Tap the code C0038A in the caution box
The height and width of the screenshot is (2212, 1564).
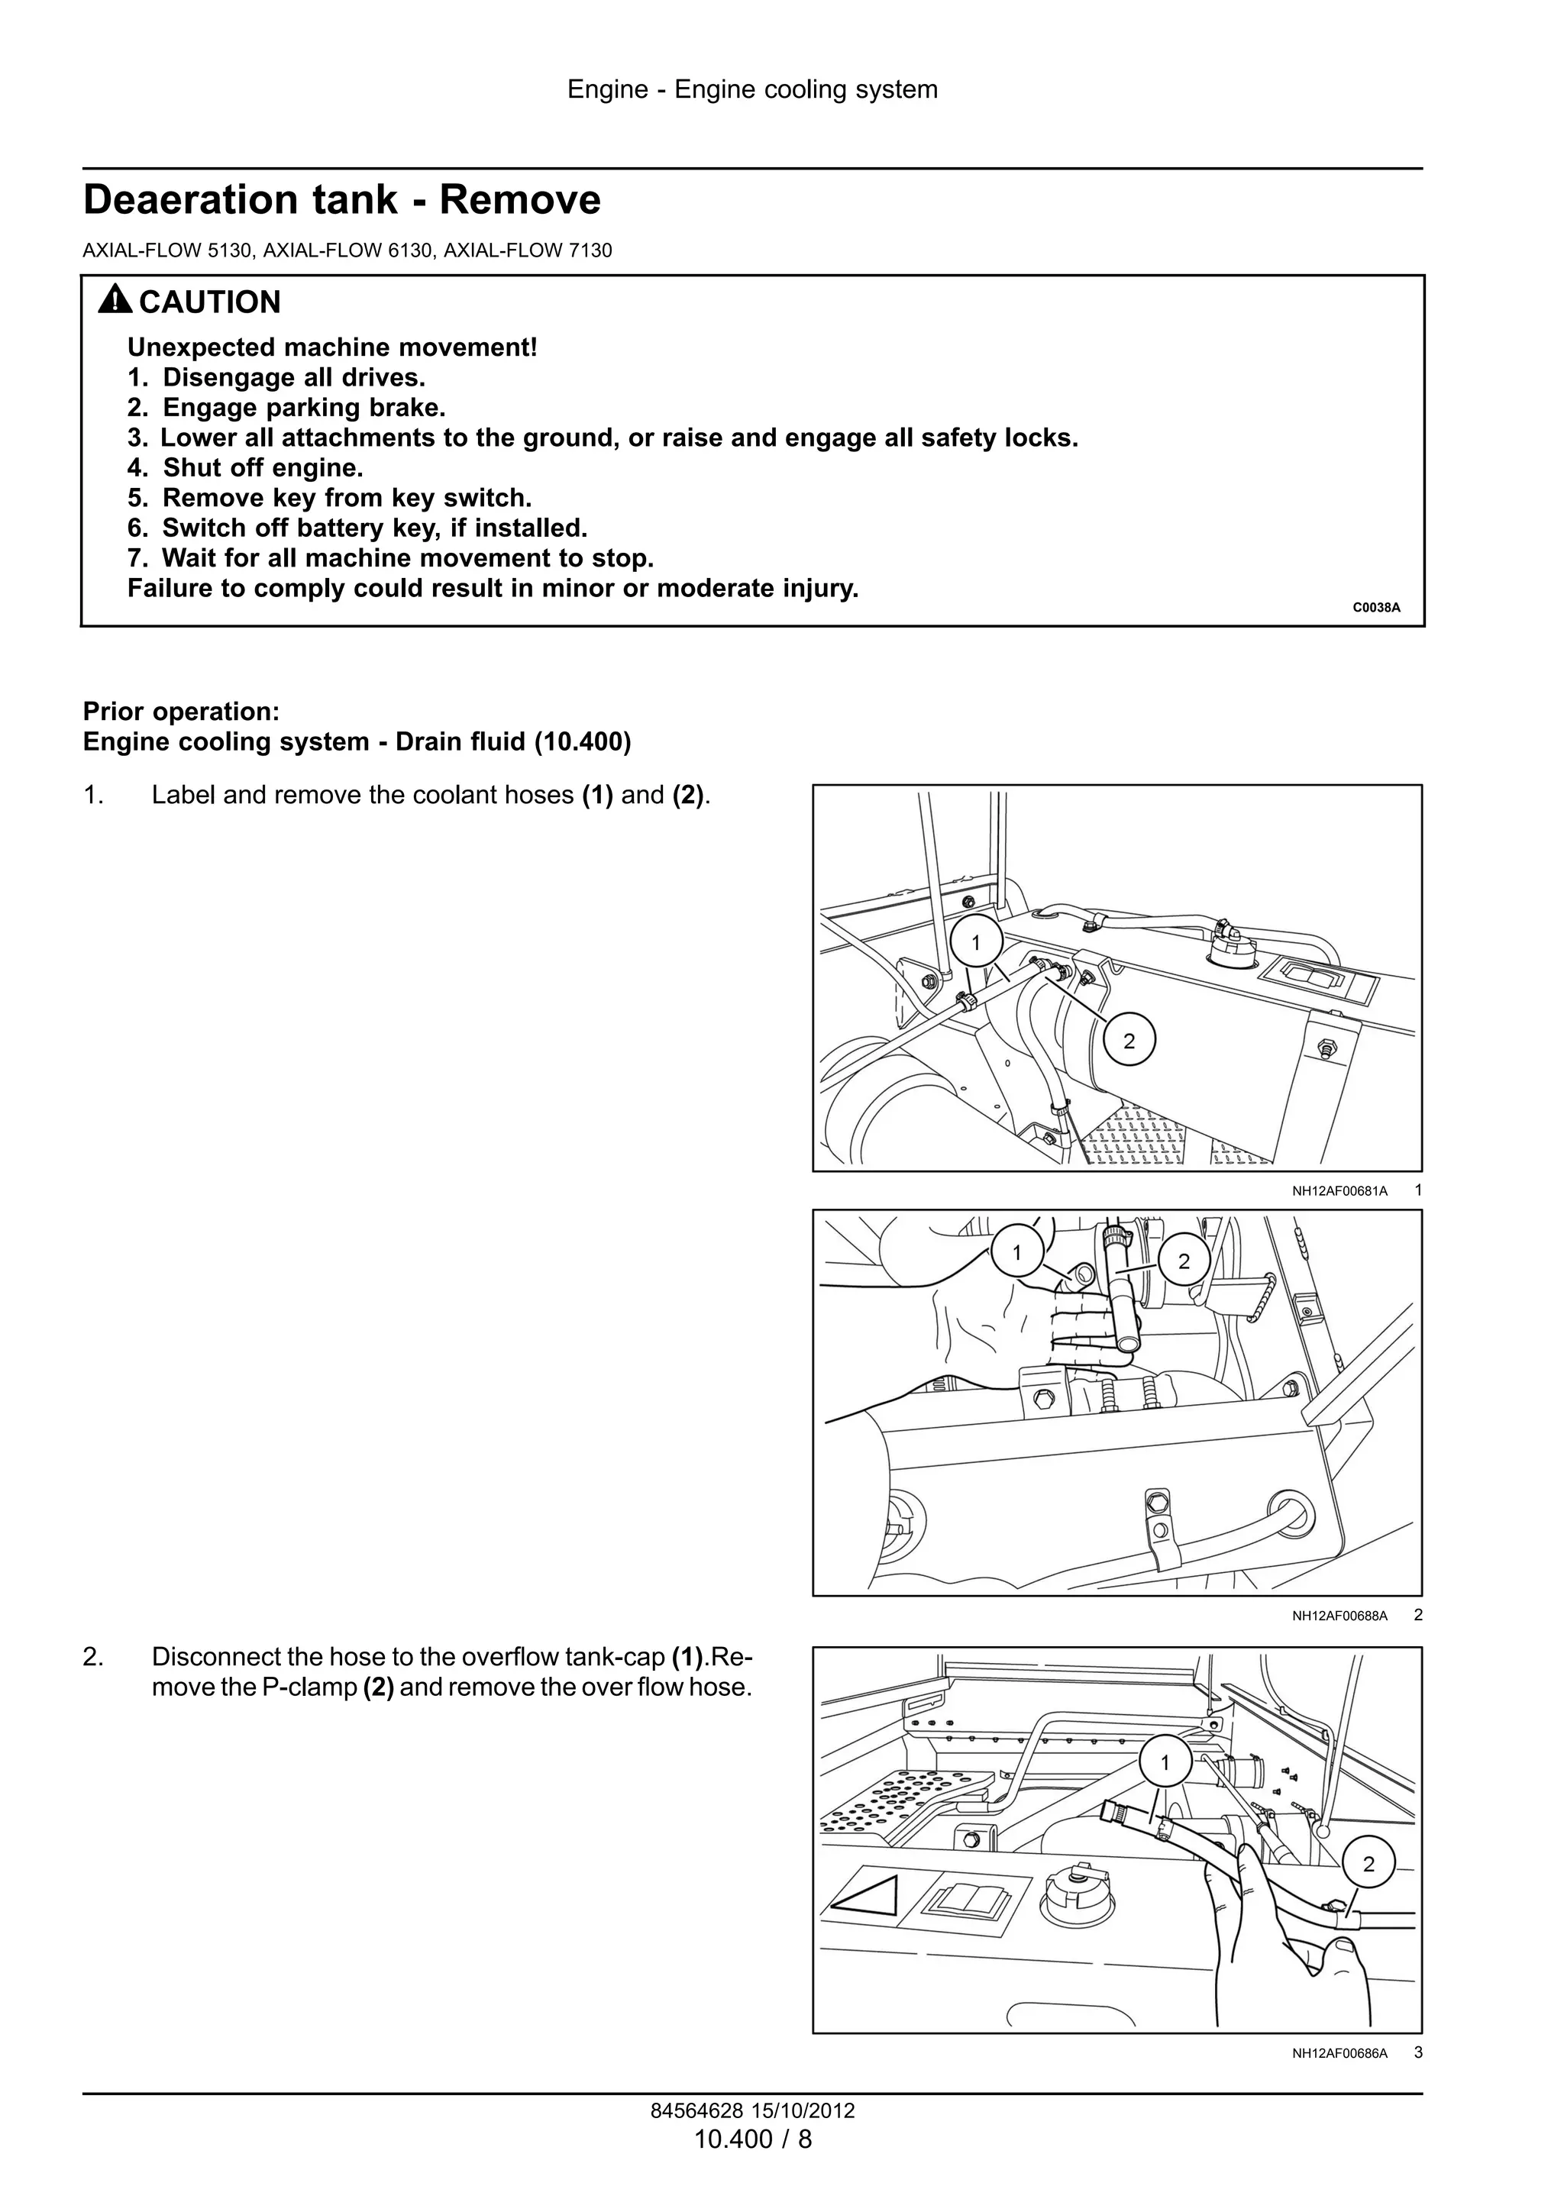[1375, 608]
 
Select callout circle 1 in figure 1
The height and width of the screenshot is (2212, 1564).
[976, 942]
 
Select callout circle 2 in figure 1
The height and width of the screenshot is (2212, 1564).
[1129, 1041]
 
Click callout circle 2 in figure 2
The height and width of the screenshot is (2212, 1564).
[1184, 1261]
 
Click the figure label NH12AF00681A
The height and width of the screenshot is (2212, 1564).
[1339, 1192]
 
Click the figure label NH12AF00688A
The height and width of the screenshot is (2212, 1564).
[1339, 1616]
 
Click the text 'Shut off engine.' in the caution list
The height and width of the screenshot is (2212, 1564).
[262, 468]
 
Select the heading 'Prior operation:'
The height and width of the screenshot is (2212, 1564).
[181, 711]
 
